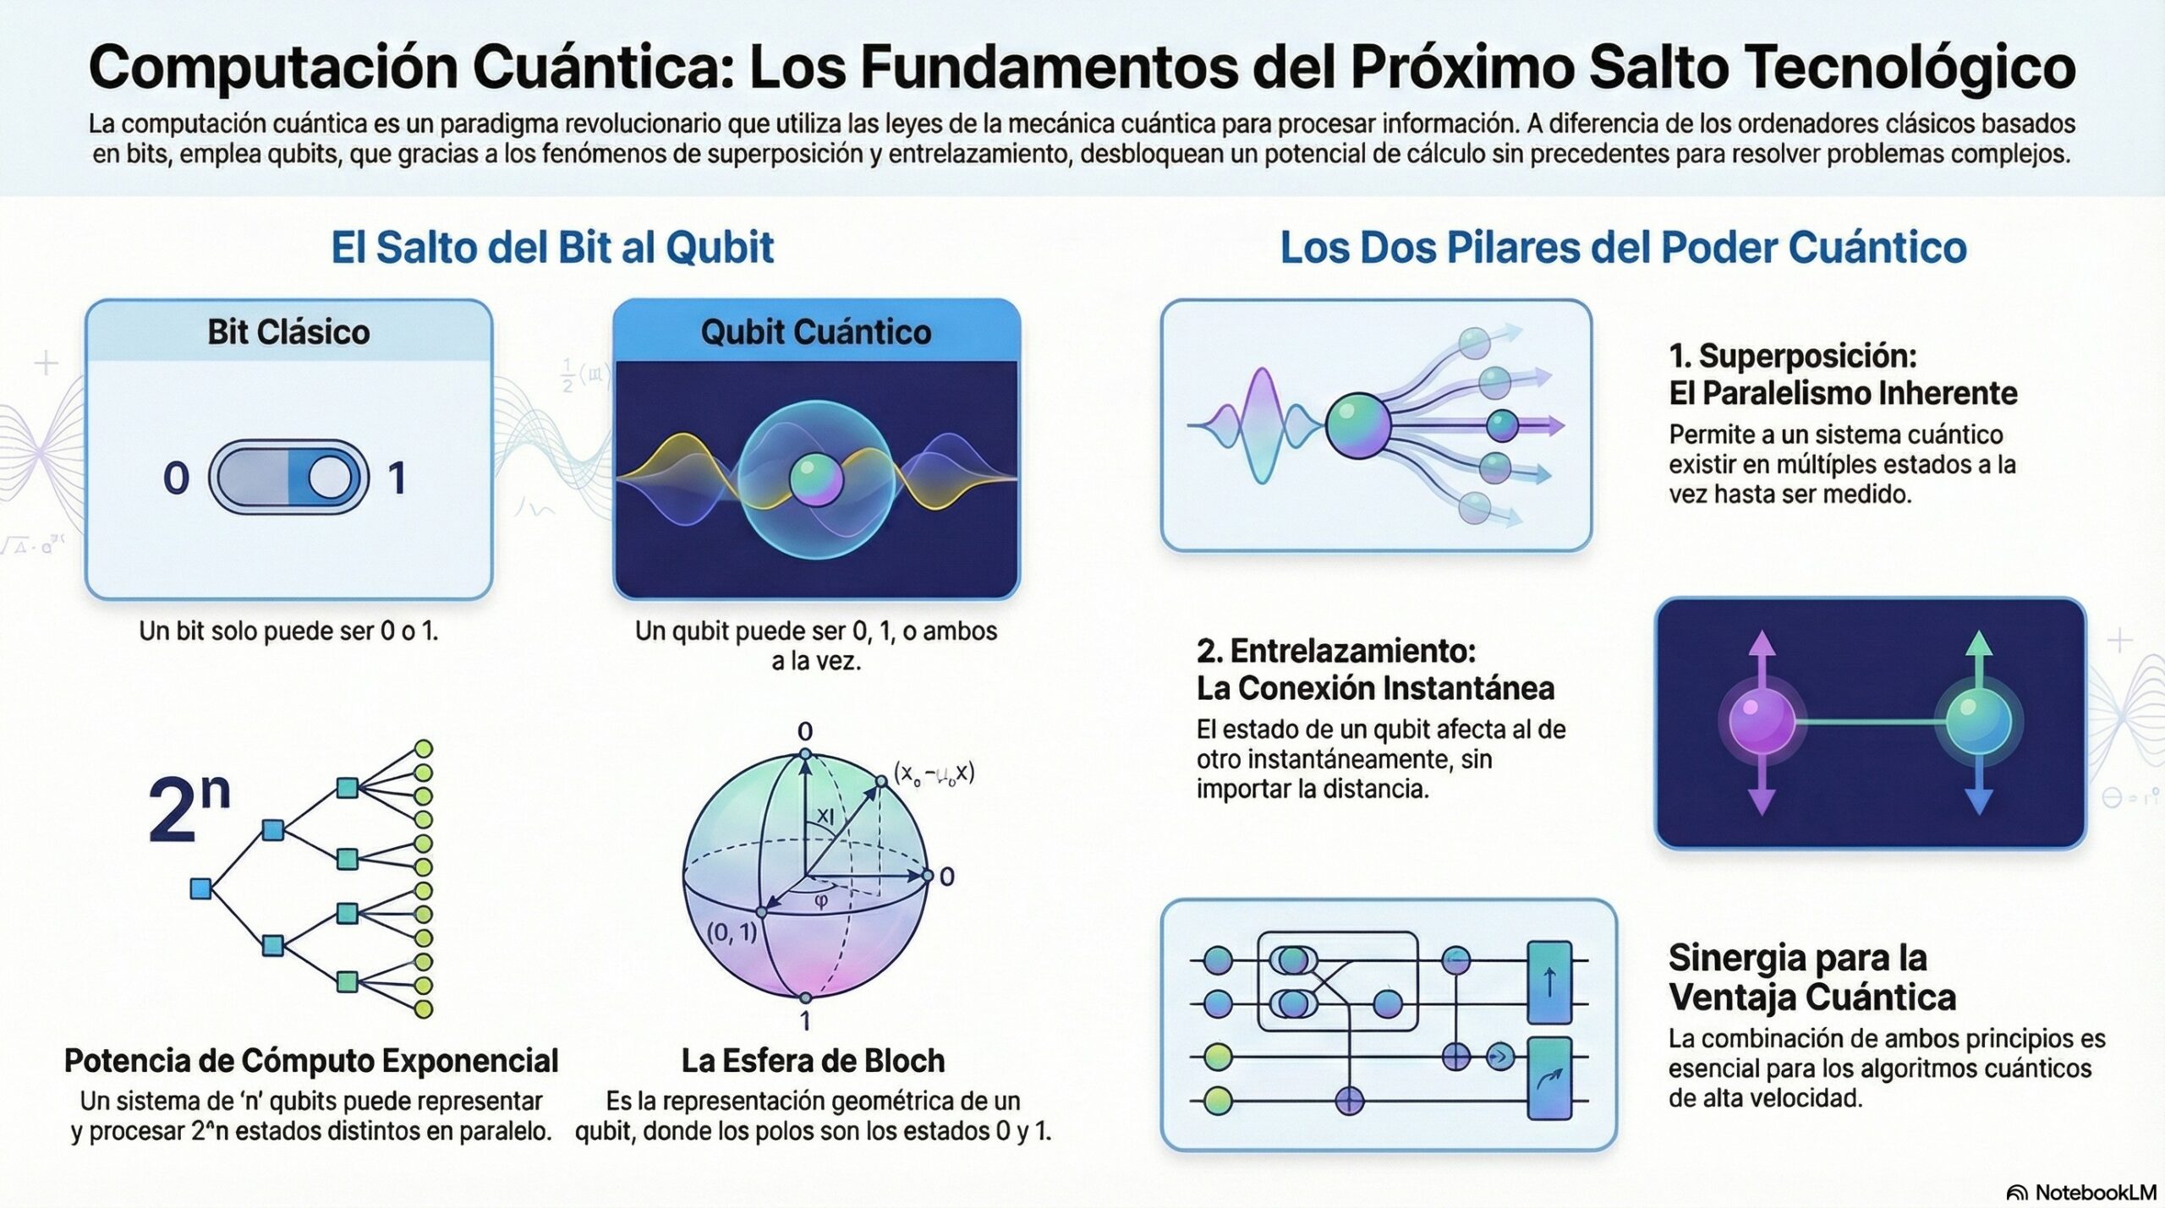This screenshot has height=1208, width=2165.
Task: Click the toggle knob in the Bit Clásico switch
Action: pos(328,478)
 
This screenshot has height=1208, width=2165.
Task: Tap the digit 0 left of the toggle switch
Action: pos(176,478)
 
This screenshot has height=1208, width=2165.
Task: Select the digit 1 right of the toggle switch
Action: pos(397,478)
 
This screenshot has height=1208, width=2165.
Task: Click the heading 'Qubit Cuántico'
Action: pos(816,332)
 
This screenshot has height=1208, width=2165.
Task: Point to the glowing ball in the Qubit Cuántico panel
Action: pos(816,479)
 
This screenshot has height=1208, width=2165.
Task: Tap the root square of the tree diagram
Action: pos(200,888)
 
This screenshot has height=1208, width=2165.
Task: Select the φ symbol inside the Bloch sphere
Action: pos(820,901)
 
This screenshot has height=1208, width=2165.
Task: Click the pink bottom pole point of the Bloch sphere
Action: pos(805,998)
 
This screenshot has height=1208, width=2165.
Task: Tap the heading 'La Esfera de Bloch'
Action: pos(813,1061)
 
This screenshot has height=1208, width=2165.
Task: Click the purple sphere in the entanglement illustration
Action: pos(1762,722)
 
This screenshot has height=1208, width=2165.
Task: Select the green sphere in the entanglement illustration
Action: pos(1978,721)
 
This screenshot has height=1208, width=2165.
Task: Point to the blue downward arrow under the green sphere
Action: pos(1978,795)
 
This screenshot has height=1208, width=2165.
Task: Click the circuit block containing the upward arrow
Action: pos(1549,983)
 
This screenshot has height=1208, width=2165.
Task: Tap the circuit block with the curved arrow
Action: pos(1549,1079)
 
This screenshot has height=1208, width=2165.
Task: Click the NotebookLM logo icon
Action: pos(2017,1193)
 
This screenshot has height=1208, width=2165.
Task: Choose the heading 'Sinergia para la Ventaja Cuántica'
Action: pos(1811,978)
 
